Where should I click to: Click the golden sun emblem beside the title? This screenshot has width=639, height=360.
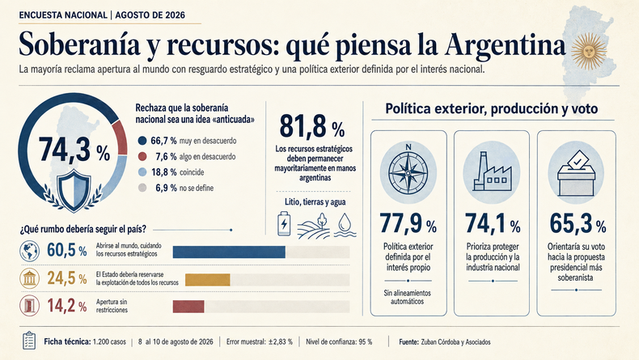(x=588, y=51)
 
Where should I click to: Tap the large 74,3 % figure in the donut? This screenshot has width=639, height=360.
(x=74, y=150)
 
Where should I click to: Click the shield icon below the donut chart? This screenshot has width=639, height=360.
(x=74, y=191)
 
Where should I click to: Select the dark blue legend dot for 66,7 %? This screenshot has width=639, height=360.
(x=142, y=141)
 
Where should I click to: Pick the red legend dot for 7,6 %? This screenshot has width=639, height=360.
(x=142, y=157)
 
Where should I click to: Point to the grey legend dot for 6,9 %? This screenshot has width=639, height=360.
(x=142, y=188)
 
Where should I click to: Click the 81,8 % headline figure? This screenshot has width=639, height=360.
(x=312, y=126)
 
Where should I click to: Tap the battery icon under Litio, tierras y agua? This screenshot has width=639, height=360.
(x=284, y=223)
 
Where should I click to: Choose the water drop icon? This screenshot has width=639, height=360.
(x=345, y=224)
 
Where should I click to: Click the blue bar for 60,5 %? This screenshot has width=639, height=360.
(x=229, y=252)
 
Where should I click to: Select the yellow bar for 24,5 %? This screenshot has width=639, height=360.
(x=208, y=280)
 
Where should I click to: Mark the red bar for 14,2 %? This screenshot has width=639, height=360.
(x=188, y=307)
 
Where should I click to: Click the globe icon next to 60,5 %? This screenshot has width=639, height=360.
(x=29, y=251)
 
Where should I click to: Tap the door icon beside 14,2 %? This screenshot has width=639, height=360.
(x=29, y=306)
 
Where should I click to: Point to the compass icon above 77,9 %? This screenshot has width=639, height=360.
(x=408, y=172)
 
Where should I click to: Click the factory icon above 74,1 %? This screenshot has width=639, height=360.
(x=492, y=172)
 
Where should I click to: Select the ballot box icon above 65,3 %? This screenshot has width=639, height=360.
(x=576, y=173)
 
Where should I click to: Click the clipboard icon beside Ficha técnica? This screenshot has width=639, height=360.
(x=29, y=341)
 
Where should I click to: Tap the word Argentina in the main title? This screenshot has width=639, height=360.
(x=506, y=44)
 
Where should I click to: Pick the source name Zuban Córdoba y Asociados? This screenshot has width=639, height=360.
(x=455, y=342)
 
